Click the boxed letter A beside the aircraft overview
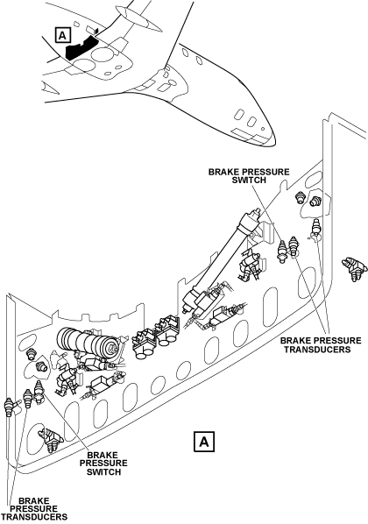coord(62,35)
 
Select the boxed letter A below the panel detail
coord(204,442)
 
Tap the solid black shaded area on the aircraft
coord(81,47)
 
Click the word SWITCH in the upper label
coord(250,181)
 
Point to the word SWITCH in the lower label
coord(103,472)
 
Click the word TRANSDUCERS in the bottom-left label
coord(34,517)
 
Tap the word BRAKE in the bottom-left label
coord(34,500)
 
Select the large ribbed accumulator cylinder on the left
coord(87,343)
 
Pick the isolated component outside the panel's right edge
coord(354,268)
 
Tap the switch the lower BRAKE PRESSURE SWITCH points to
coord(39,392)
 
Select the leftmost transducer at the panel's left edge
coord(9,407)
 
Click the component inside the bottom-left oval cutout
coord(51,440)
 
